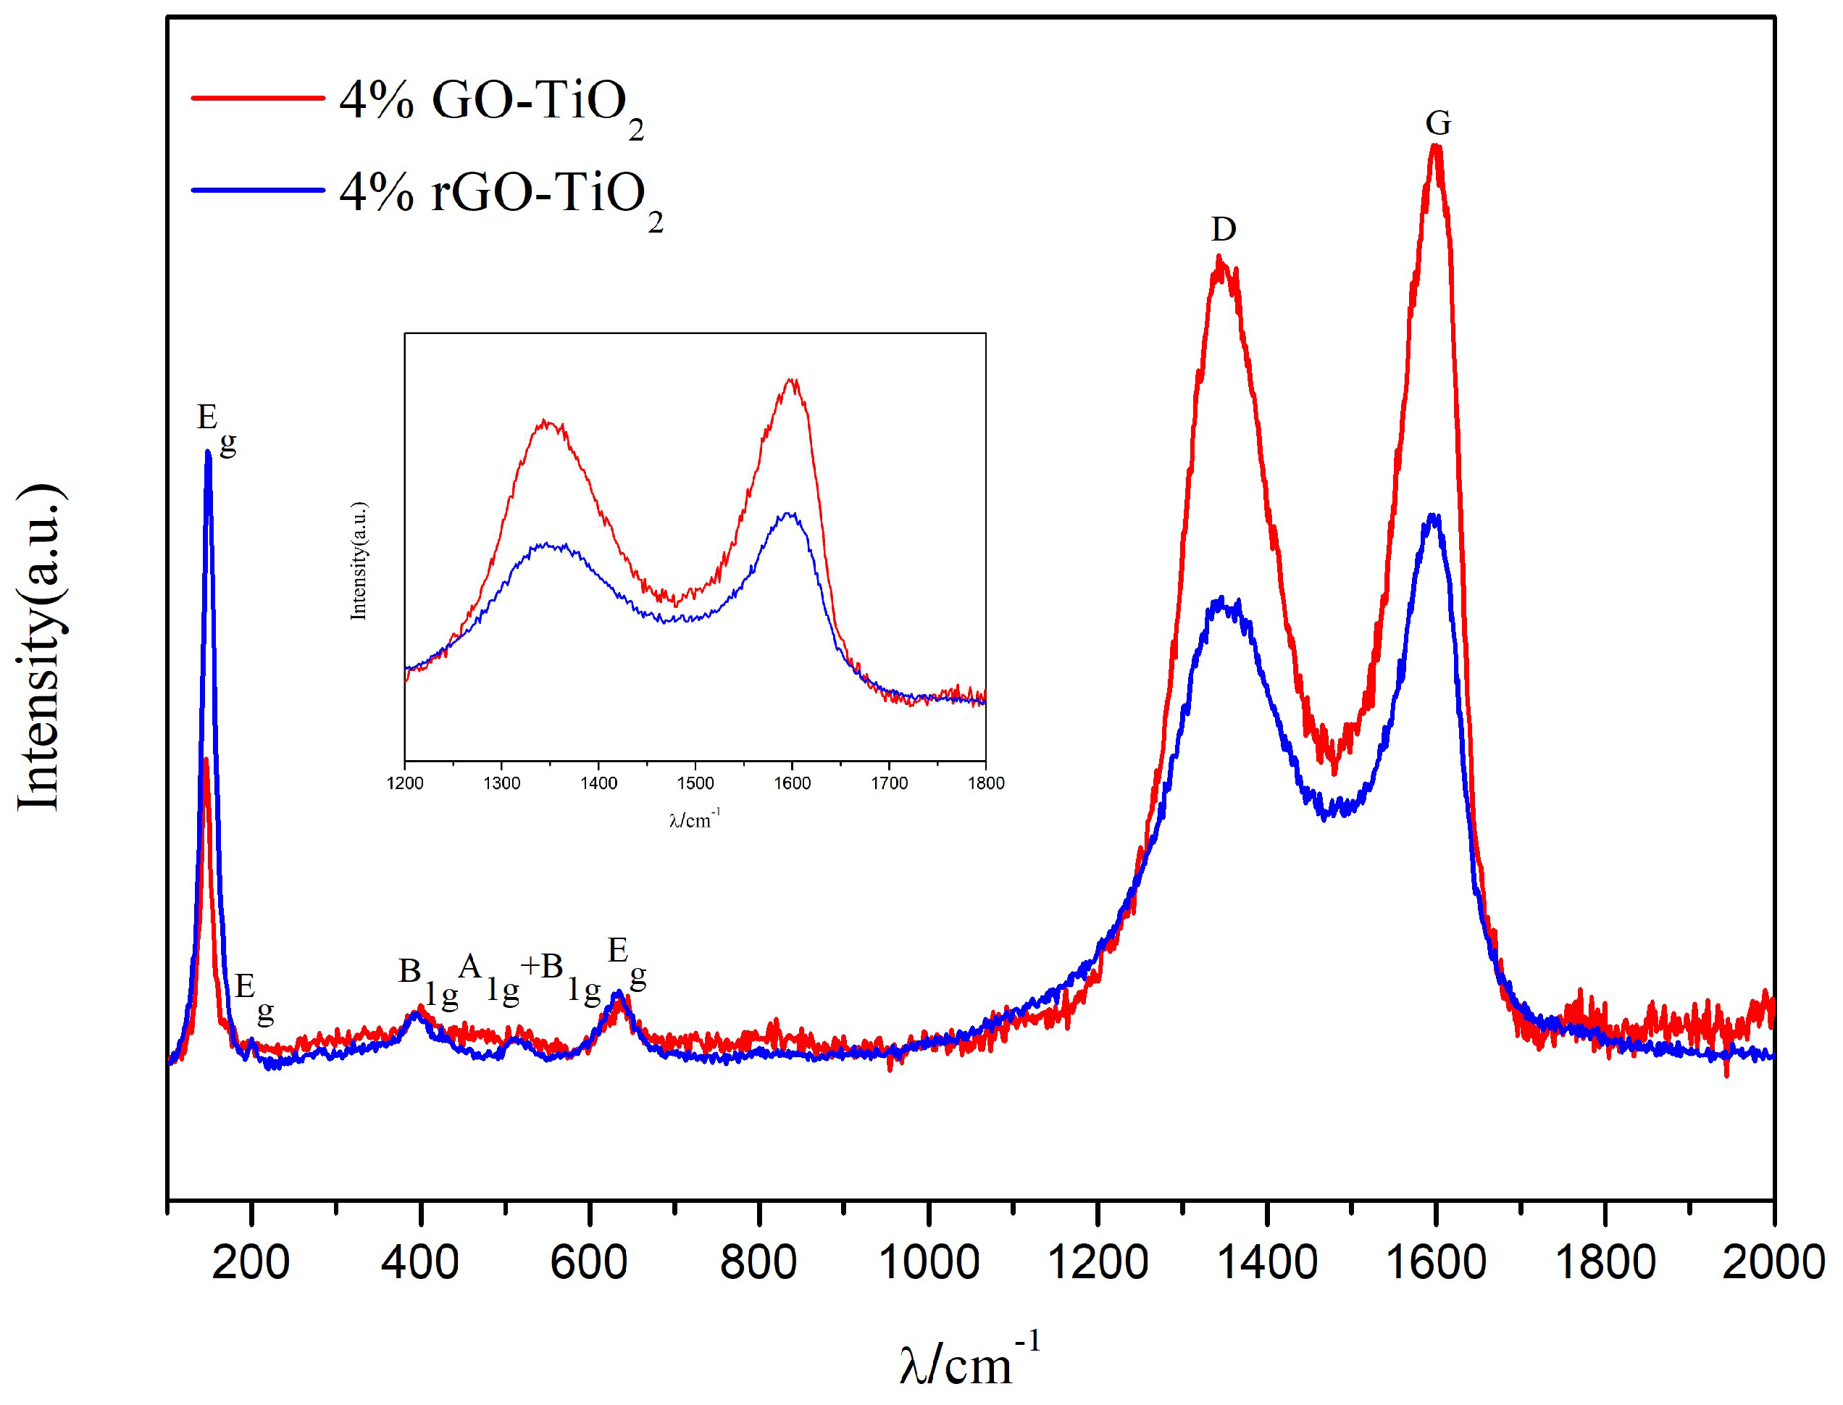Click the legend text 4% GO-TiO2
point(491,104)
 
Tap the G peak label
point(1437,124)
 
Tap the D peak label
point(1224,229)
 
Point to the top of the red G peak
point(1436,148)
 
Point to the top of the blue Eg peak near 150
point(208,454)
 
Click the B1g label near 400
point(427,980)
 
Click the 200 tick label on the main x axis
point(251,1262)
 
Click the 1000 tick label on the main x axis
point(928,1262)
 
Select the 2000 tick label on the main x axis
point(1773,1262)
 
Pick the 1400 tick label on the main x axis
point(1267,1262)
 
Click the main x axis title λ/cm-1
point(970,1362)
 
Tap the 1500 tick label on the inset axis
point(695,783)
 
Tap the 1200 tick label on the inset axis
point(405,783)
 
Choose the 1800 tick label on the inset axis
point(986,783)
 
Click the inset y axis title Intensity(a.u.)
point(359,560)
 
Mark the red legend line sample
point(258,99)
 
